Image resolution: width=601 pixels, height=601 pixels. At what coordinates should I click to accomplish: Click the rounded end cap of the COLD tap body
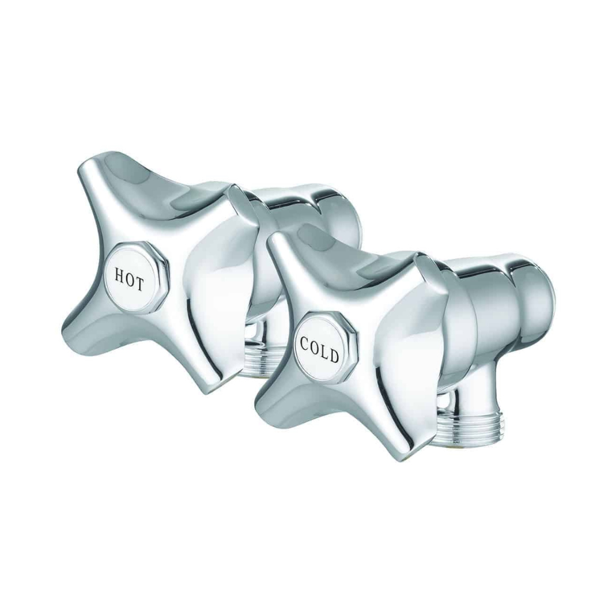(538, 294)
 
